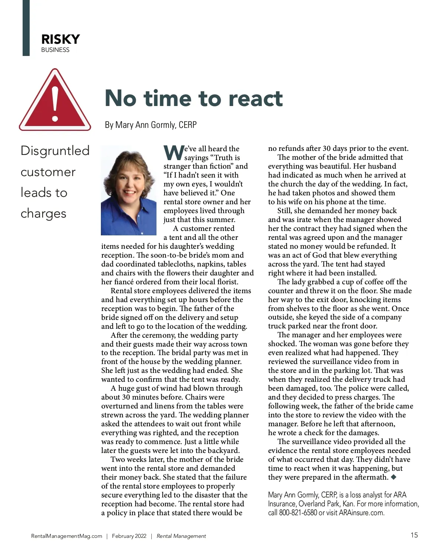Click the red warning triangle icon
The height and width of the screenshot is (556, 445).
55,102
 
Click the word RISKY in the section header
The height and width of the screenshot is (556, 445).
60,39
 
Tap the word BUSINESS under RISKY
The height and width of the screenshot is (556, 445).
55,50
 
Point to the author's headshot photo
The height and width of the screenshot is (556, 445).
129,190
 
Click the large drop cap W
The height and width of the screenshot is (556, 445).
173,152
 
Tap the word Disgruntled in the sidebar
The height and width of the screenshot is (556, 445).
55,151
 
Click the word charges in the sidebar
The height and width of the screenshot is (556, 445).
43,214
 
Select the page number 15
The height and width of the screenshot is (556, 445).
414,535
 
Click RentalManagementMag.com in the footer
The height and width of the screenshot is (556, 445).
67,536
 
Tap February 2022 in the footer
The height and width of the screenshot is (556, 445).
129,536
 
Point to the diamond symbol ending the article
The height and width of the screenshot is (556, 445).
393,477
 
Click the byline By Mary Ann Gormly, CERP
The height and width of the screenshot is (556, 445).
151,125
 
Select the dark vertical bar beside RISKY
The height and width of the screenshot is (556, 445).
26,28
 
